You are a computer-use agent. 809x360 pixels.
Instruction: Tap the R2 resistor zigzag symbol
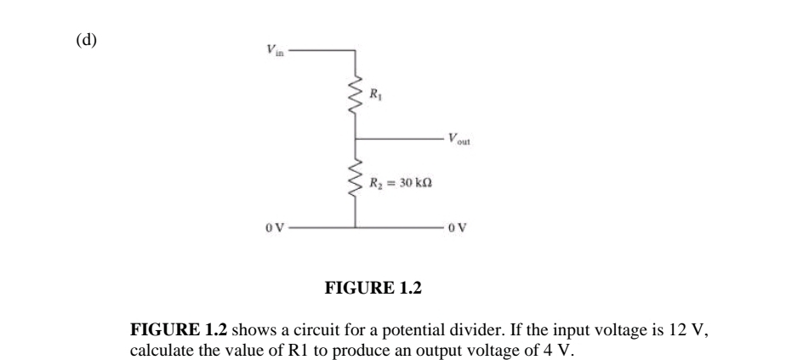coord(355,182)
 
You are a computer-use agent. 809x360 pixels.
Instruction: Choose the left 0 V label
coord(272,228)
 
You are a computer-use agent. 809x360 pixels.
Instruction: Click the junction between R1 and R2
coord(355,138)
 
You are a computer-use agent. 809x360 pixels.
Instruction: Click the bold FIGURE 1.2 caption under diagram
coord(373,288)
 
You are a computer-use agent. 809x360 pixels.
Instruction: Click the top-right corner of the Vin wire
coord(355,51)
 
